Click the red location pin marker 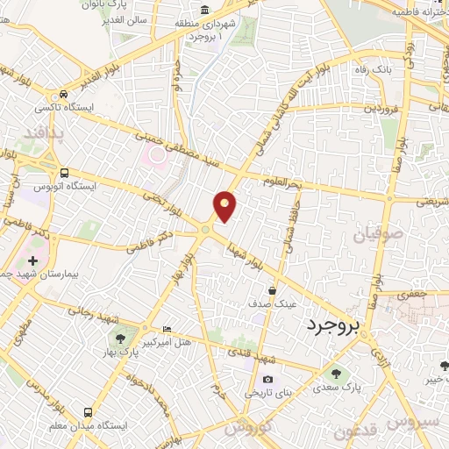click(x=225, y=206)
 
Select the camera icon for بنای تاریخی click(x=267, y=380)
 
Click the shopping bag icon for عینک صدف click(x=273, y=290)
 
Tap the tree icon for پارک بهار click(x=117, y=338)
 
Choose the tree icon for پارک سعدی click(x=336, y=374)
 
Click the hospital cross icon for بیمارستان click(x=33, y=261)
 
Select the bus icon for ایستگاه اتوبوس click(x=64, y=172)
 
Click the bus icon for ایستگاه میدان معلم click(x=87, y=411)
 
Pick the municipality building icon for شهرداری click(x=204, y=11)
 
